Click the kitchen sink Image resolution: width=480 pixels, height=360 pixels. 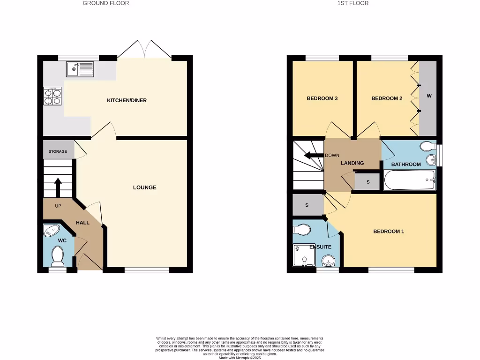click(80, 69)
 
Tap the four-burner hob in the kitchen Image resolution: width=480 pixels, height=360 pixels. click(52, 96)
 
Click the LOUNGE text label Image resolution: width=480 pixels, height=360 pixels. click(144, 187)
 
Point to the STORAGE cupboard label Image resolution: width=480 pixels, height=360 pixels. click(58, 151)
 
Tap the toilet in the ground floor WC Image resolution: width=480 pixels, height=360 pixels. click(58, 256)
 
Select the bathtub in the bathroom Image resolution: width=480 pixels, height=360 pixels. click(410, 180)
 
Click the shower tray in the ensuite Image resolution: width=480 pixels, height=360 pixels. click(303, 255)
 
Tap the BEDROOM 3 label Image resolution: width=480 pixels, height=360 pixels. click(322, 98)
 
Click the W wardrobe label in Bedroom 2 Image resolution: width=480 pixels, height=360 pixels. click(428, 96)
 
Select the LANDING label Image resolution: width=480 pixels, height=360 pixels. click(352, 163)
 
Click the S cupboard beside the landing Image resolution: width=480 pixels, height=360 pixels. click(367, 181)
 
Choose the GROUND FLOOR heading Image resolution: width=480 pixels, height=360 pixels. click(106, 3)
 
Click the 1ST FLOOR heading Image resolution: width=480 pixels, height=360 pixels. click(352, 3)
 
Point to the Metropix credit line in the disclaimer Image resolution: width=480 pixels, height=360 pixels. click(240, 357)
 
